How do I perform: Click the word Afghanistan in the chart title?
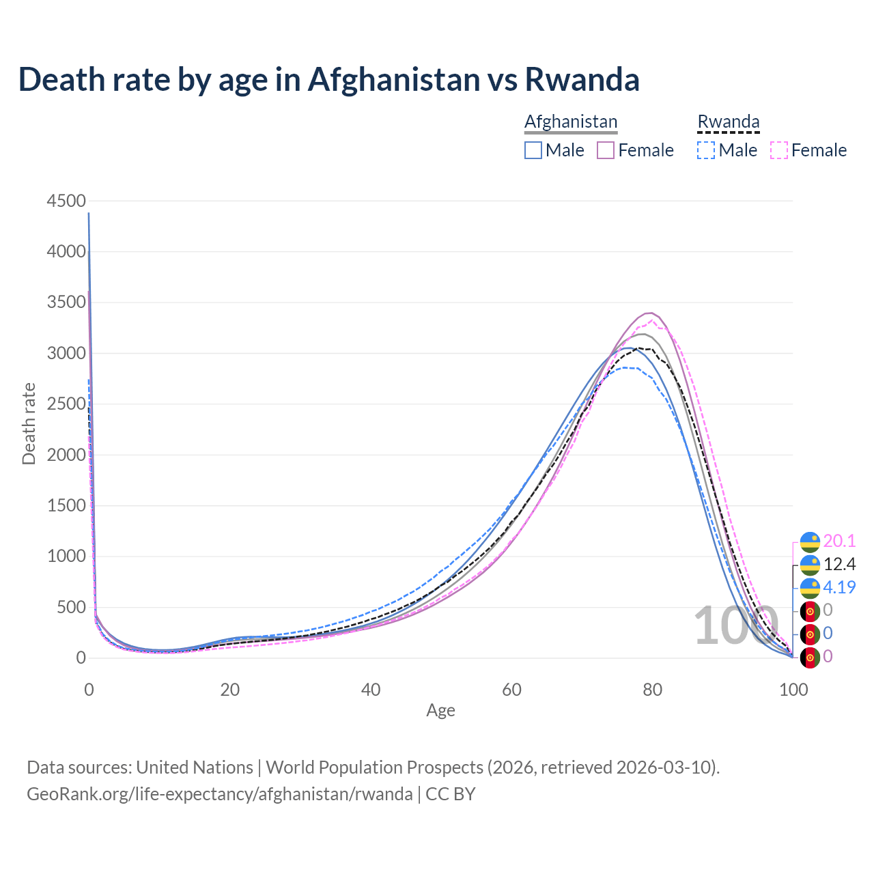point(394,79)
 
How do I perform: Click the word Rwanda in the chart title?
point(582,79)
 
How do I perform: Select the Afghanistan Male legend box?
point(533,150)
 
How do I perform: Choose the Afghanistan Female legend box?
point(606,150)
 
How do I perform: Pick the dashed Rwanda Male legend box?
point(706,150)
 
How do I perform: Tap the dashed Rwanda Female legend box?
point(779,150)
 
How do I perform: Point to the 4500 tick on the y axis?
point(66,201)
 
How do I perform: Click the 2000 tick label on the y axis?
point(66,455)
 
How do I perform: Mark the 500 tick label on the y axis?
point(71,607)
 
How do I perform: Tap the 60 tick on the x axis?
point(511,690)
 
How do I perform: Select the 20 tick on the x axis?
point(230,690)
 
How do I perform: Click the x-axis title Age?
point(440,710)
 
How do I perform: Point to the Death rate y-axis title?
point(29,423)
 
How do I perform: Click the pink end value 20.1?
point(839,541)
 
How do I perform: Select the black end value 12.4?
point(839,564)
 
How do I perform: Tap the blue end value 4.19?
point(839,587)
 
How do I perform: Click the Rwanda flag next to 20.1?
point(810,541)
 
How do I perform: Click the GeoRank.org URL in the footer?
point(219,794)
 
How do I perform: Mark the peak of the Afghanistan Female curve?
point(650,313)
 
